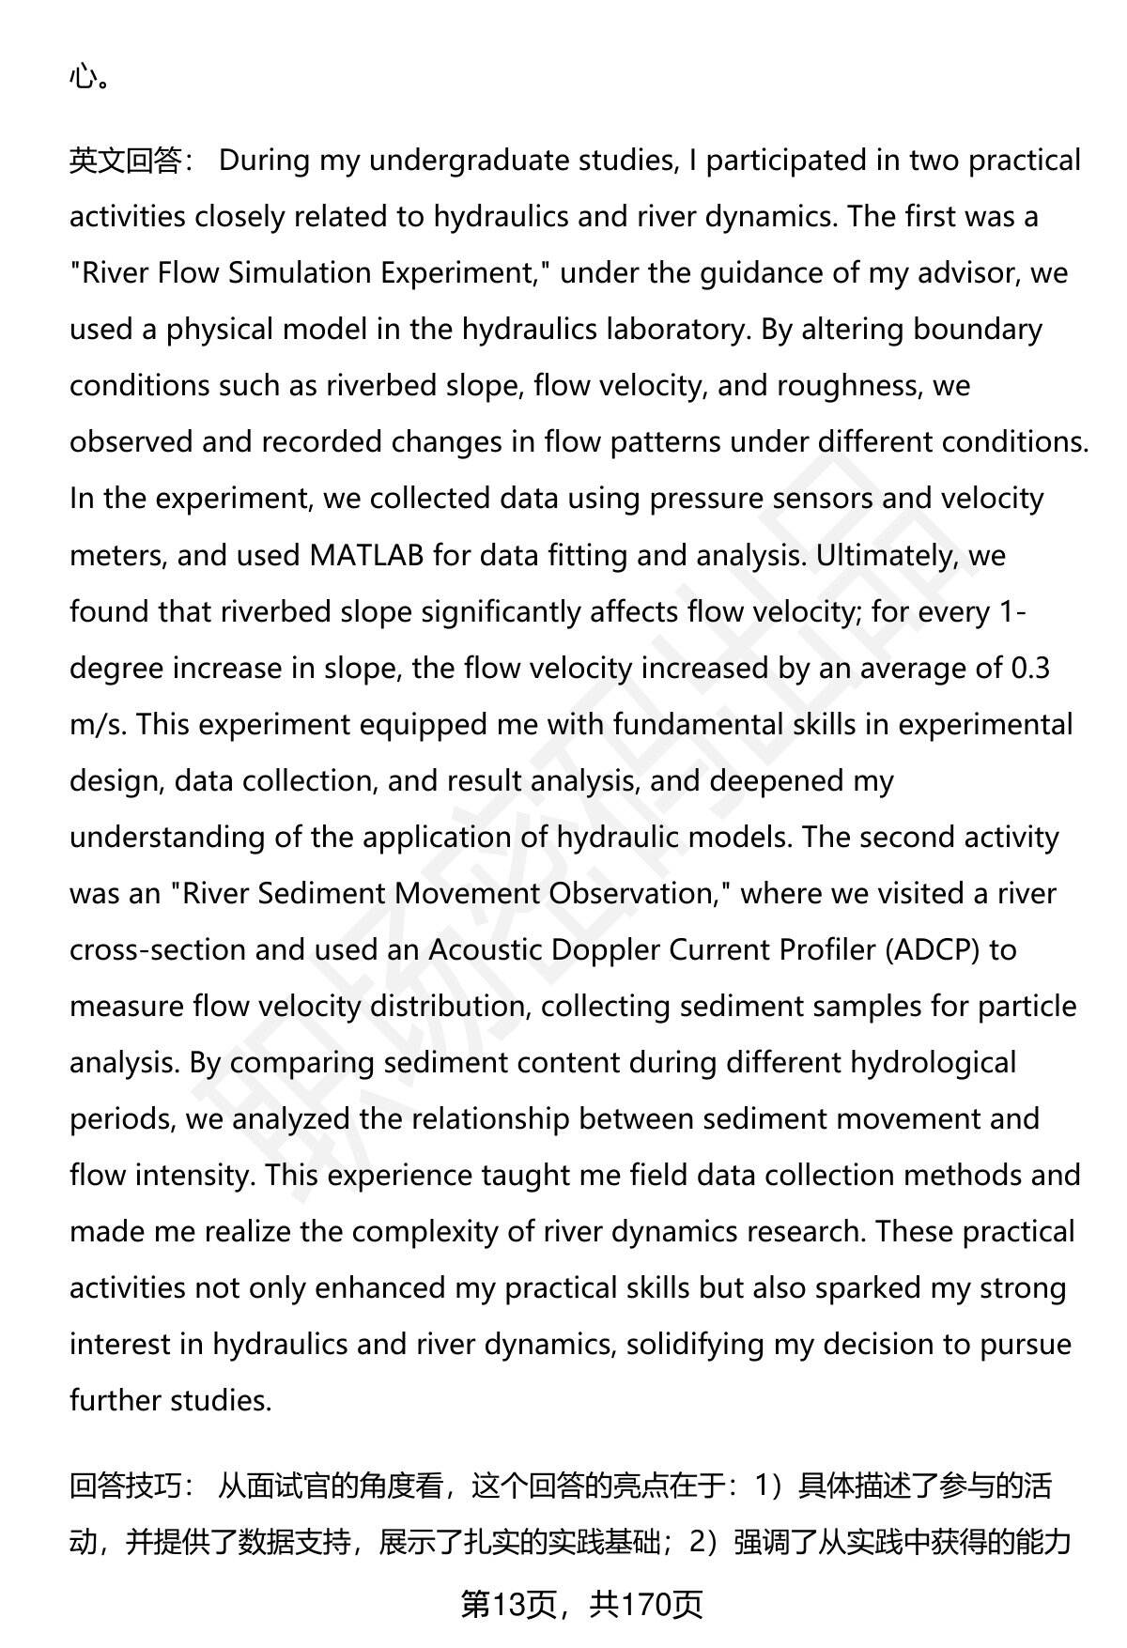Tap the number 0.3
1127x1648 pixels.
pos(1029,668)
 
